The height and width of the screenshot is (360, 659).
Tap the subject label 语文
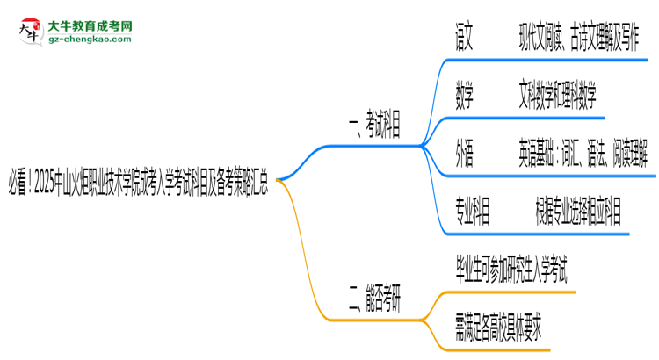pyautogui.click(x=465, y=37)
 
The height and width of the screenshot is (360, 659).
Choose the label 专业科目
pyautogui.click(x=473, y=212)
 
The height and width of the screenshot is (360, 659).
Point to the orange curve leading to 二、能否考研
pyautogui.click(x=308, y=263)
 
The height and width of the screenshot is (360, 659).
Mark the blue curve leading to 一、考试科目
pyautogui.click(x=308, y=158)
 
